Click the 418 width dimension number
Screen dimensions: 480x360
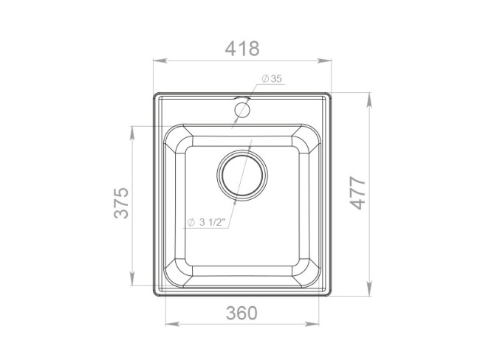click(x=242, y=49)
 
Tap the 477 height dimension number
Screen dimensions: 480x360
click(x=358, y=193)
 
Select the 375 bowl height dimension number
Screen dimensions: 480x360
click(x=121, y=203)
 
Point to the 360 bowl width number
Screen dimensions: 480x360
click(x=241, y=313)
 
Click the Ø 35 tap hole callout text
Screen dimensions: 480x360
click(x=272, y=79)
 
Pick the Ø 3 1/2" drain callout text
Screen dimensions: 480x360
click(x=206, y=222)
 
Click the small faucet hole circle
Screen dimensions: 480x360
click(x=242, y=110)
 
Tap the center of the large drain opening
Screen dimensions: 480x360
click(x=242, y=176)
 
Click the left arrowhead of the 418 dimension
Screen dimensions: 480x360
click(x=160, y=60)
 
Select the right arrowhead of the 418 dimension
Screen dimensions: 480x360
click(x=324, y=60)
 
